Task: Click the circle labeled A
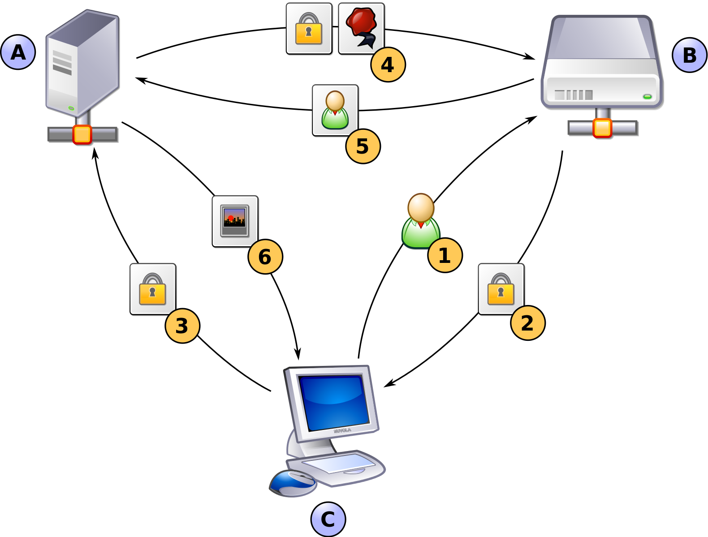point(18,52)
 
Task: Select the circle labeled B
point(690,55)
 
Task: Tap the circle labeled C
point(328,520)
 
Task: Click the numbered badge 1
point(445,255)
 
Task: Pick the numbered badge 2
point(527,323)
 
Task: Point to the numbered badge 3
point(182,326)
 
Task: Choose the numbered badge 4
point(388,64)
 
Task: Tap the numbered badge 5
point(363,146)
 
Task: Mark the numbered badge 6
point(265,257)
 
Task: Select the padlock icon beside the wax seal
point(309,28)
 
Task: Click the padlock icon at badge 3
point(152,288)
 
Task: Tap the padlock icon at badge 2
point(501,288)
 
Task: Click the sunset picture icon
point(235,220)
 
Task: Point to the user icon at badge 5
point(335,110)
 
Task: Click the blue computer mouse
point(293,483)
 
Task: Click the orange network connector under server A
point(82,134)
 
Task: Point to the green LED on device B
point(647,96)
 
